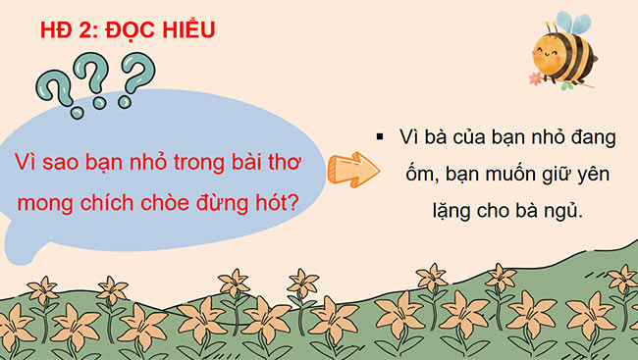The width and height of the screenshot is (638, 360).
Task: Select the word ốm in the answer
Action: (x=410, y=176)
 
